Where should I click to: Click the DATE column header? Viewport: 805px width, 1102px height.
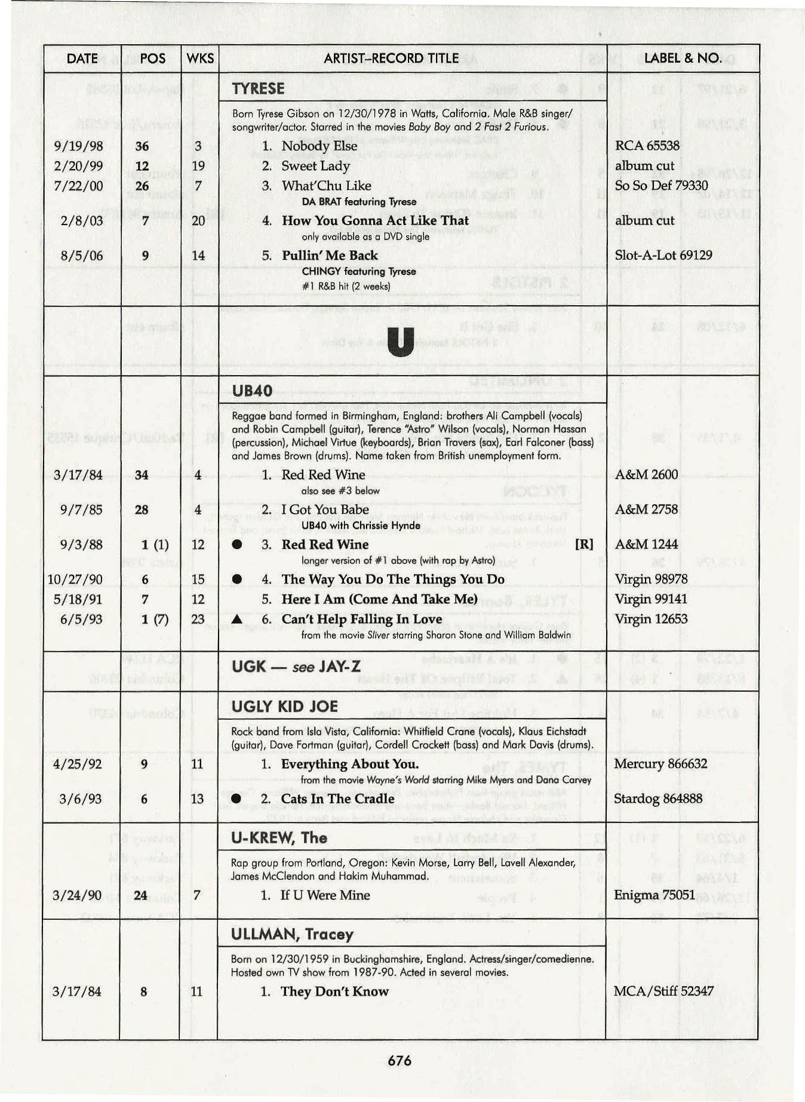(82, 59)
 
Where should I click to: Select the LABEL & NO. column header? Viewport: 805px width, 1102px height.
(683, 58)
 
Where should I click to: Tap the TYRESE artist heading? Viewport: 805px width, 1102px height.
(258, 89)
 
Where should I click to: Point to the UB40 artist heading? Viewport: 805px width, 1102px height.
(252, 391)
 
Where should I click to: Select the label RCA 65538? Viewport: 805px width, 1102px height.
(647, 146)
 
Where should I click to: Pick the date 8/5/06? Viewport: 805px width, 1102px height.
(81, 256)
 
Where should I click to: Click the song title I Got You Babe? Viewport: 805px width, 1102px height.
(325, 509)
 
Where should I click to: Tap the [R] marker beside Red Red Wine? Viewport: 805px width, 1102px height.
(583, 545)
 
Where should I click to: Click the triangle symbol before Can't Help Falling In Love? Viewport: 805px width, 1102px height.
(237, 619)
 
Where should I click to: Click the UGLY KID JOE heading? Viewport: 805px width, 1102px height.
(285, 707)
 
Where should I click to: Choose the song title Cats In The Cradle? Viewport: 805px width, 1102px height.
(337, 799)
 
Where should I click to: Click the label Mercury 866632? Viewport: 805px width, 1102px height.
(660, 764)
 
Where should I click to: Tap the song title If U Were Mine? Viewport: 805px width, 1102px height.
(325, 895)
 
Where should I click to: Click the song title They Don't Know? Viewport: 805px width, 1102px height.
(334, 992)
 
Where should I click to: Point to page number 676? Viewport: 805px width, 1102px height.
(400, 1061)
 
